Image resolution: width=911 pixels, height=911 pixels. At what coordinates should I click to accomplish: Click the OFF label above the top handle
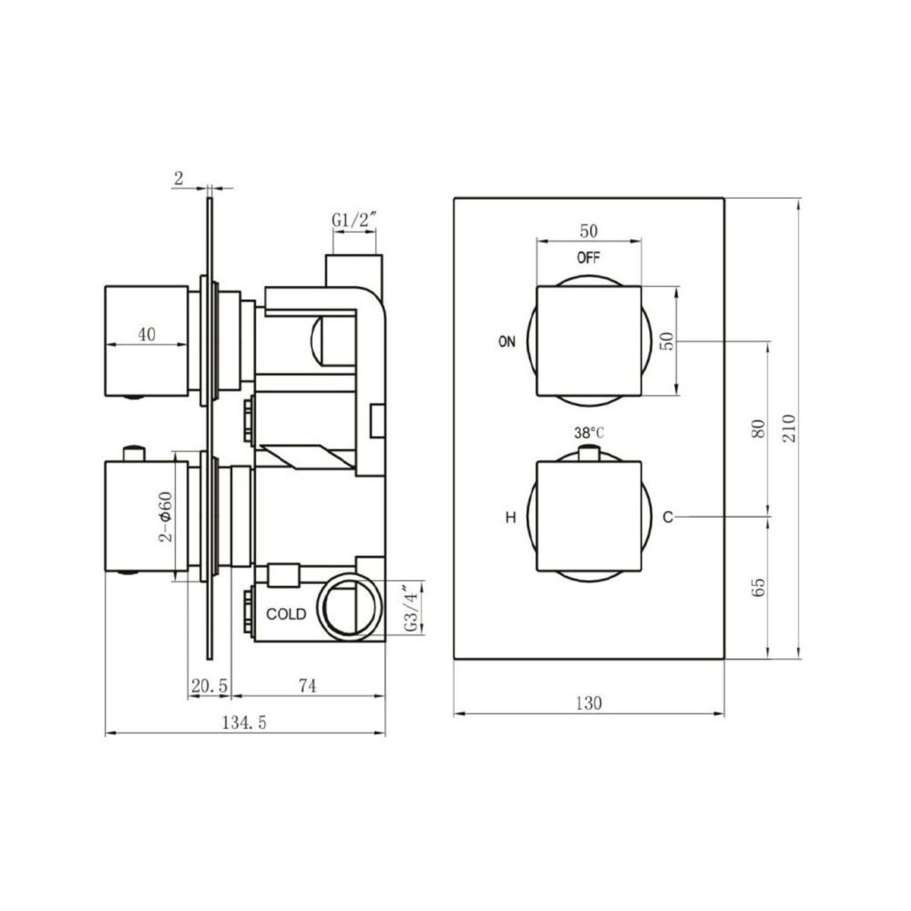[588, 257]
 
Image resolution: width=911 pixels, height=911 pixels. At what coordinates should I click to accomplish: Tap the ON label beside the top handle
[506, 342]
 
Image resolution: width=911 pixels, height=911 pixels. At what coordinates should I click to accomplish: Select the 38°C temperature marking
[589, 433]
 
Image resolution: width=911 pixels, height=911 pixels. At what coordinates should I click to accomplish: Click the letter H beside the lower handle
[511, 518]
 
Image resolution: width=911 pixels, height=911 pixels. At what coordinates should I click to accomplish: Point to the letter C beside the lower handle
[667, 518]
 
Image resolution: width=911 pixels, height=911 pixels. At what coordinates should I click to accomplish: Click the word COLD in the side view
[286, 614]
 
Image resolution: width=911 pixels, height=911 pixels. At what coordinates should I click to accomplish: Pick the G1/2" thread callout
[355, 220]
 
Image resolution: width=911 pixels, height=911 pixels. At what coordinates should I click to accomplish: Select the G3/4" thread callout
[411, 609]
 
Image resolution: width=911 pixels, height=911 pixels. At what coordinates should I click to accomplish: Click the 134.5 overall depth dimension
[244, 723]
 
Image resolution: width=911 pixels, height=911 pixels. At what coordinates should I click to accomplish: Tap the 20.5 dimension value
[210, 685]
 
